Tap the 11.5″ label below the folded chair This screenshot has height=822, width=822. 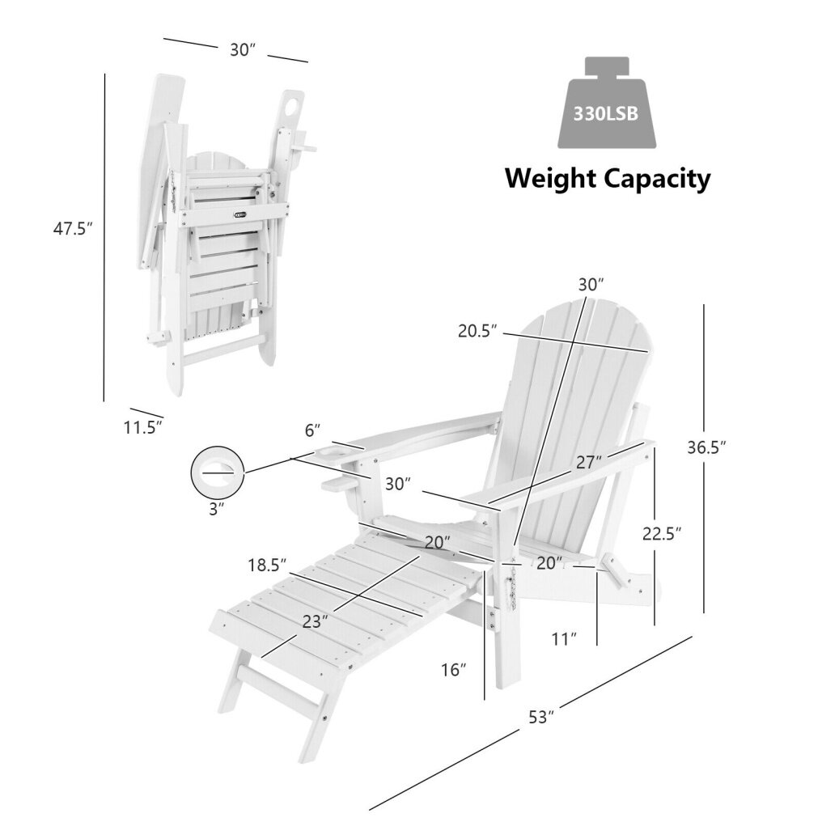tap(143, 427)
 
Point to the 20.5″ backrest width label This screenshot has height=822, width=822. tap(477, 332)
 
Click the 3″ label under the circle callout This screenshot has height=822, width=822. tap(215, 509)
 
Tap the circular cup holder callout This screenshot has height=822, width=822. tap(217, 469)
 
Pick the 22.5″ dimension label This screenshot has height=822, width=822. tap(660, 533)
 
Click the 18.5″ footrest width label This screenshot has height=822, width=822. tap(267, 566)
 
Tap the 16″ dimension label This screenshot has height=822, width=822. tap(455, 670)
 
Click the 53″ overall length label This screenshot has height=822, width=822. tap(540, 717)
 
